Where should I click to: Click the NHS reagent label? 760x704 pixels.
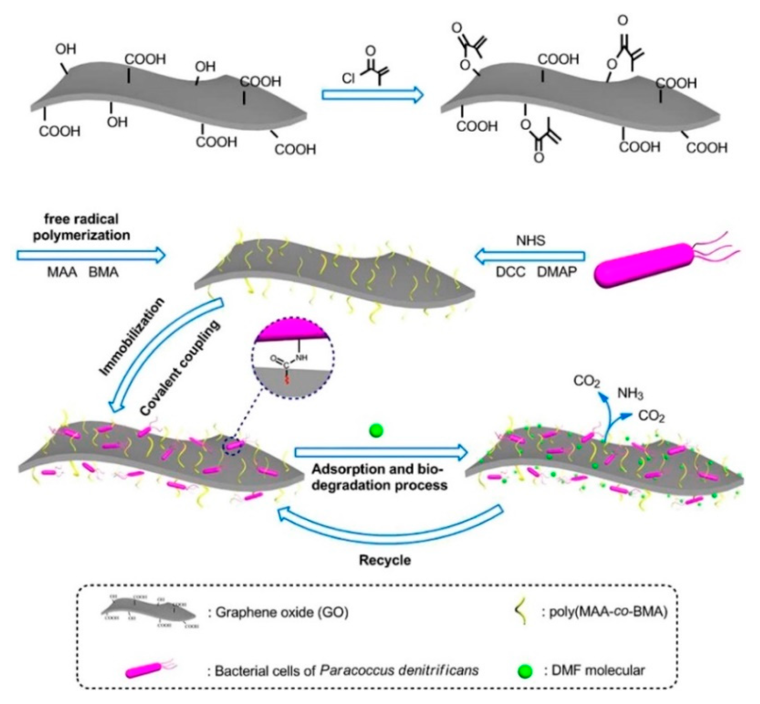point(530,240)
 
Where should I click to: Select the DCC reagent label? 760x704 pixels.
point(510,272)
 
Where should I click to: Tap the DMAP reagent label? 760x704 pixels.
point(557,272)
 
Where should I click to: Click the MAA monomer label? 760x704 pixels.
point(62,273)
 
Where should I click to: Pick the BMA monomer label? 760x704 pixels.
point(103,273)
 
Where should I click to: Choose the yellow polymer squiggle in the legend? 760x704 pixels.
point(519,613)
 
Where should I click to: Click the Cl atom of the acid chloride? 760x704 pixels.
point(348,79)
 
